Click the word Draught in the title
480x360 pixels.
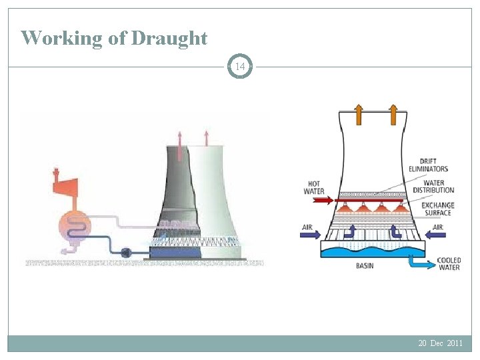pyautogui.click(x=169, y=38)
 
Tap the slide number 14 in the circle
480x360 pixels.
pyautogui.click(x=241, y=67)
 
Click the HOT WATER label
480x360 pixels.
pyautogui.click(x=314, y=187)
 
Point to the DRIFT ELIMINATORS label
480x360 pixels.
pyautogui.click(x=433, y=165)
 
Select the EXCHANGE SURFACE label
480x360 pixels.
pyautogui.click(x=437, y=209)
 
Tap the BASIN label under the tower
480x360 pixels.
pyautogui.click(x=364, y=265)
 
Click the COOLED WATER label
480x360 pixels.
pyautogui.click(x=449, y=264)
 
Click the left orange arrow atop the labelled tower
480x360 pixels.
pyautogui.click(x=358, y=115)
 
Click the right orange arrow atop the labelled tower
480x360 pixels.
pyautogui.click(x=393, y=115)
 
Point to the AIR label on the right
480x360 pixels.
pyautogui.click(x=438, y=227)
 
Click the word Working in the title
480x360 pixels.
pyautogui.click(x=63, y=38)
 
